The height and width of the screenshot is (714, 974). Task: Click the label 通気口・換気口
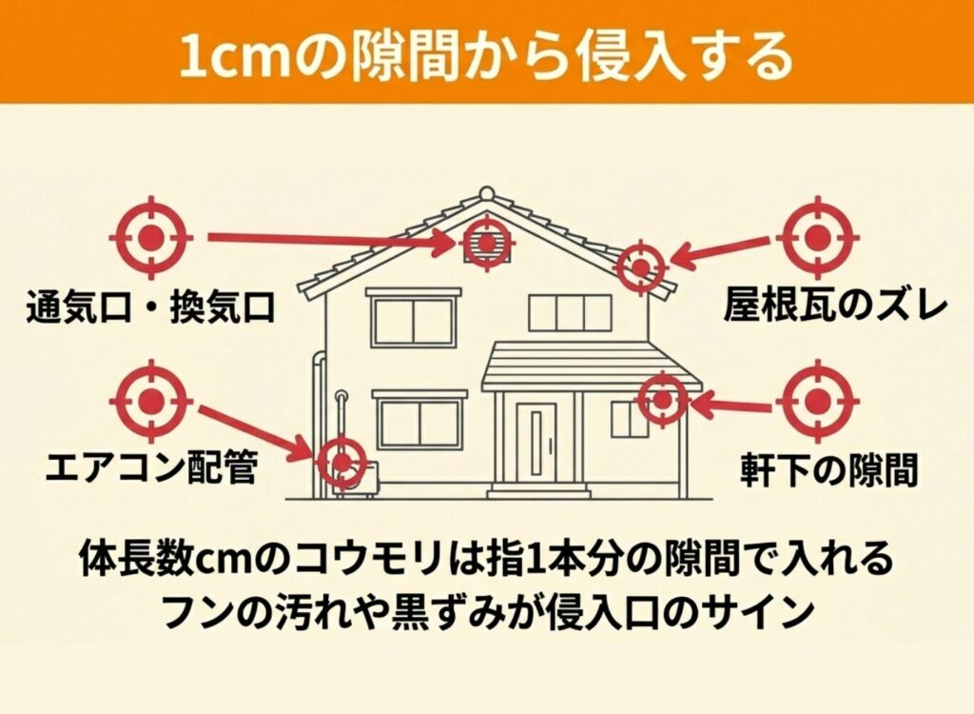pos(151,307)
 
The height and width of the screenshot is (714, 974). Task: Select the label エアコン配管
pos(151,468)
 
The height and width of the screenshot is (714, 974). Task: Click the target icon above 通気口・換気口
pos(151,234)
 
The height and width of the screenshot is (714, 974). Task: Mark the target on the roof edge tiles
pos(640,264)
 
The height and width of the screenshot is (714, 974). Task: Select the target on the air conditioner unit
pos(341,463)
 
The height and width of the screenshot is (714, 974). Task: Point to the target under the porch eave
pos(662,399)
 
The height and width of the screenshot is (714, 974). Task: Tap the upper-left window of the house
pos(413,322)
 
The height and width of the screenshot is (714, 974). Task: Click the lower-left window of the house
pos(419,424)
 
